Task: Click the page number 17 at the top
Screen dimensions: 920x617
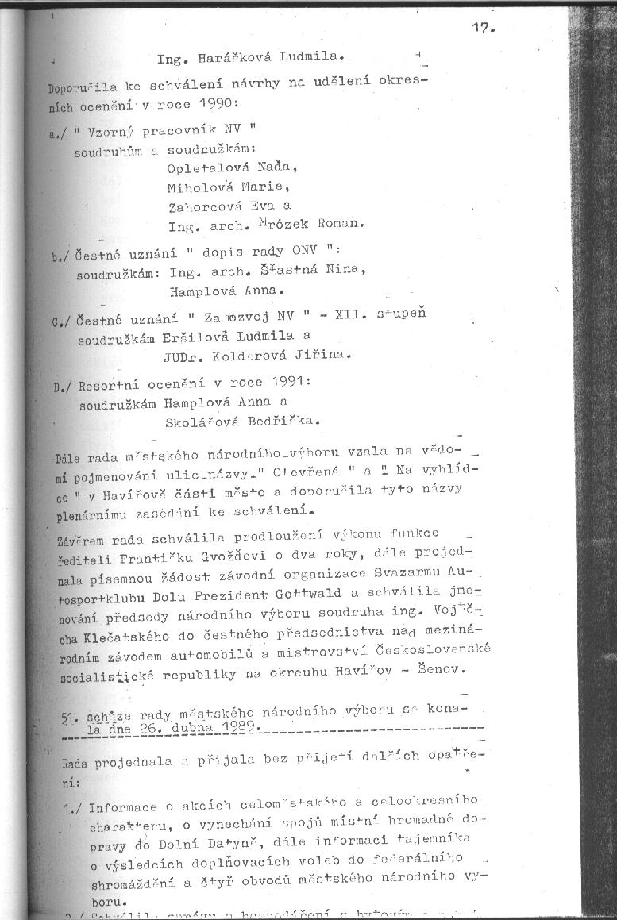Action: coord(482,29)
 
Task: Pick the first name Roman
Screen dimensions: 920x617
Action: coord(339,225)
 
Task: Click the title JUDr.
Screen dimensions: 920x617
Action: coord(183,356)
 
